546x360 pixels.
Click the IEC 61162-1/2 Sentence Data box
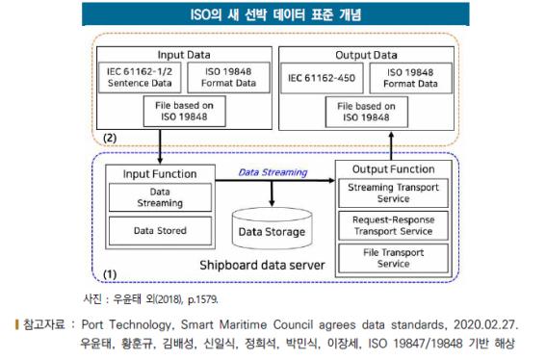134,78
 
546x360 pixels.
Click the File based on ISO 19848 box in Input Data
175,111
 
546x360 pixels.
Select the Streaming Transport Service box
393,193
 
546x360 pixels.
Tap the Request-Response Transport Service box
393,225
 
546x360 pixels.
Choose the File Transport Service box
393,257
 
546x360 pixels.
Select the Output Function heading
393,167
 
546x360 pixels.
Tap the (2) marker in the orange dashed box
112,137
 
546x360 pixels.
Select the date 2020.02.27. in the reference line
486,325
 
